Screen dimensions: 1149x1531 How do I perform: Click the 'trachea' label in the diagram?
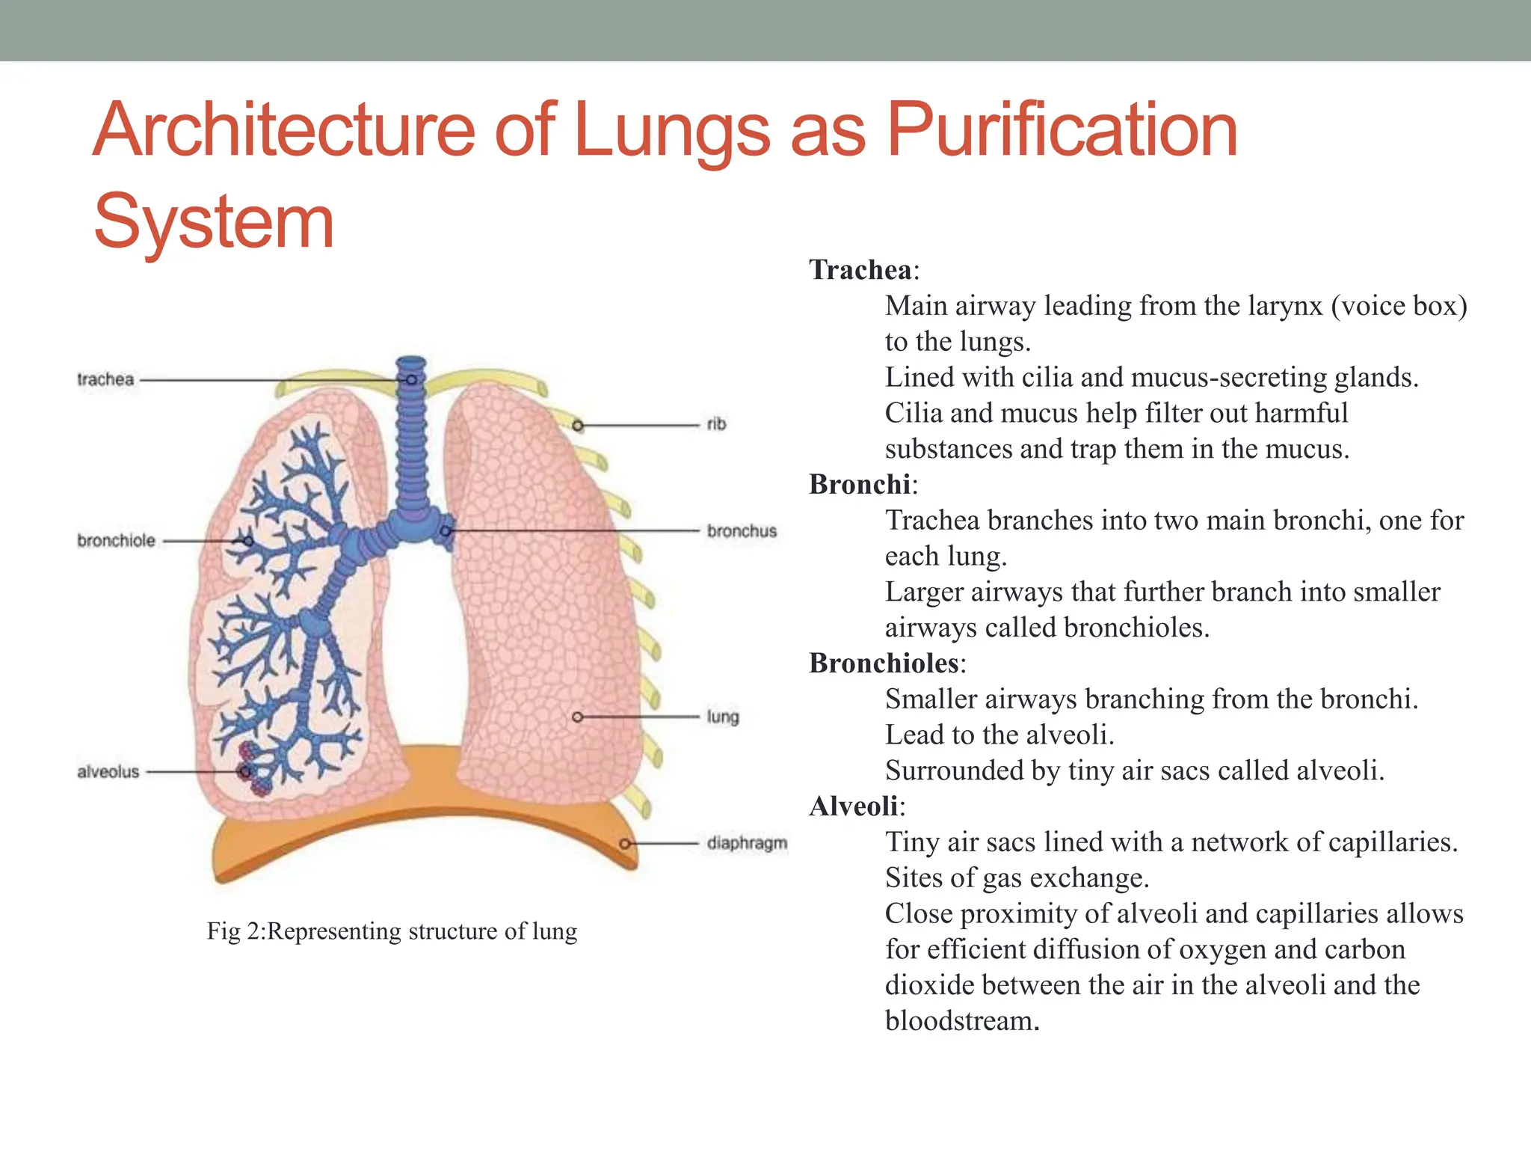coord(105,379)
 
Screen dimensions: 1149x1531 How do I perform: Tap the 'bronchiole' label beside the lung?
coord(116,540)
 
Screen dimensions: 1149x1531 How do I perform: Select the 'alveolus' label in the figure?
coord(108,771)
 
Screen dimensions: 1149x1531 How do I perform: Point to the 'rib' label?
coord(716,424)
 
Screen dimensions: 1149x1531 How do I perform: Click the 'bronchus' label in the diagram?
coord(742,531)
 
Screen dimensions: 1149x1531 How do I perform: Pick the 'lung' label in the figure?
coord(722,717)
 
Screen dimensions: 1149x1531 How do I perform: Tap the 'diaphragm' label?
coord(747,843)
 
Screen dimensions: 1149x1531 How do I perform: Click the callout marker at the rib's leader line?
coord(578,426)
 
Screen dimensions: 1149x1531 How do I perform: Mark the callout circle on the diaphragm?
coord(625,844)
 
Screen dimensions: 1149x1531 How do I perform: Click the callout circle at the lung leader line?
coord(577,717)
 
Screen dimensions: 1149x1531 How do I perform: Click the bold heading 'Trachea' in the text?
coord(860,270)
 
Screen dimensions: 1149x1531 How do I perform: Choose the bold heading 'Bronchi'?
coord(860,485)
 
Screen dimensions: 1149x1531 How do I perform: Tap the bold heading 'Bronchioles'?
coord(884,664)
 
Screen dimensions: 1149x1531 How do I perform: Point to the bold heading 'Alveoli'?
coord(854,806)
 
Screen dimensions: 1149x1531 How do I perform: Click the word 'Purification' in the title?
coord(1062,131)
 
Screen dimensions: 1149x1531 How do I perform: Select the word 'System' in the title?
coord(214,221)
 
